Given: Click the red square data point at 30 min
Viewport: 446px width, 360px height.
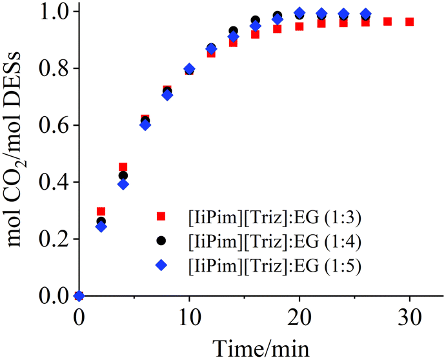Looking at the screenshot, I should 409,22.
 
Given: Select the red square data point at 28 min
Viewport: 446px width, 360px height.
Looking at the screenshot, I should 387,21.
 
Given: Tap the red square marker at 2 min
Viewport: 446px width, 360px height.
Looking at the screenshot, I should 101,212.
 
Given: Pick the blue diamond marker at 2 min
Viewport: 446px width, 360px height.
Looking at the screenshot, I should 101,226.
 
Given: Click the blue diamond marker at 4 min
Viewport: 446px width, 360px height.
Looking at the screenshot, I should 123,185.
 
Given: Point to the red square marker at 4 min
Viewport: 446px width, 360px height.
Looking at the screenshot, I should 123,167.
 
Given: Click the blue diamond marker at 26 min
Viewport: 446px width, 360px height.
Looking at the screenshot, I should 365,14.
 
